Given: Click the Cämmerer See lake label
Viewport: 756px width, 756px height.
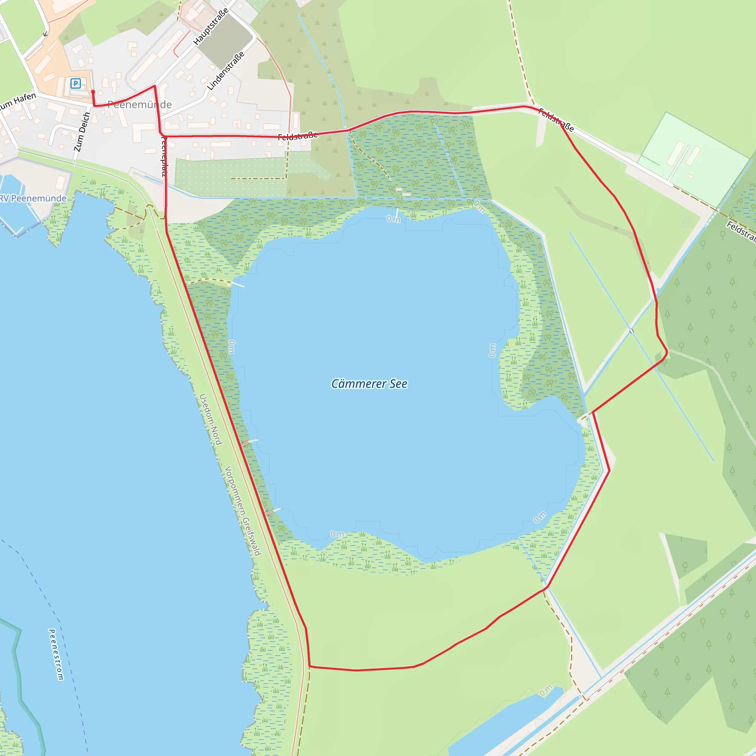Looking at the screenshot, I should coord(369,384).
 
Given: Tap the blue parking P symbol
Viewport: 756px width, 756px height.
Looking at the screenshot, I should coord(76,83).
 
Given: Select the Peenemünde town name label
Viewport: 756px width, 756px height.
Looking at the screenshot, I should coord(140,104).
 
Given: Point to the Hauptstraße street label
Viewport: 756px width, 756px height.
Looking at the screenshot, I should coord(211,27).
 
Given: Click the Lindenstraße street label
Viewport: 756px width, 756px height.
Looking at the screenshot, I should coord(226,71).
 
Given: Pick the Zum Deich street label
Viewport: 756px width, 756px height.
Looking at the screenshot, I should coord(82,132).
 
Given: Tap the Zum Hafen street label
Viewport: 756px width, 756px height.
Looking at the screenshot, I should coord(18,101).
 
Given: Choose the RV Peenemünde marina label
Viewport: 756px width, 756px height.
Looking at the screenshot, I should coord(33,198).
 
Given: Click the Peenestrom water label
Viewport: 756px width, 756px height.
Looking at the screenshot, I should coord(56,654).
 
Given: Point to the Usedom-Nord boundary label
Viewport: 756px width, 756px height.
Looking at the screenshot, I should coord(211,419).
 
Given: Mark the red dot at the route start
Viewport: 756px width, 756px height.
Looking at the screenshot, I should coord(93,92).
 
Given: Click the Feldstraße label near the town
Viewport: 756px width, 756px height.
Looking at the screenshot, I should coord(298,136).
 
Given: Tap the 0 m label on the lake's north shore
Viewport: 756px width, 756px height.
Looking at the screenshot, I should coord(394,219).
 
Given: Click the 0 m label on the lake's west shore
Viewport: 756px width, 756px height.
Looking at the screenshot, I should coord(232,347).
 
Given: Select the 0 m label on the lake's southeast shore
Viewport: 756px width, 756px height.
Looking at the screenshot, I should coord(540,517).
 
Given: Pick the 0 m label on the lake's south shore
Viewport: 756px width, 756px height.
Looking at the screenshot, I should coord(337,534).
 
